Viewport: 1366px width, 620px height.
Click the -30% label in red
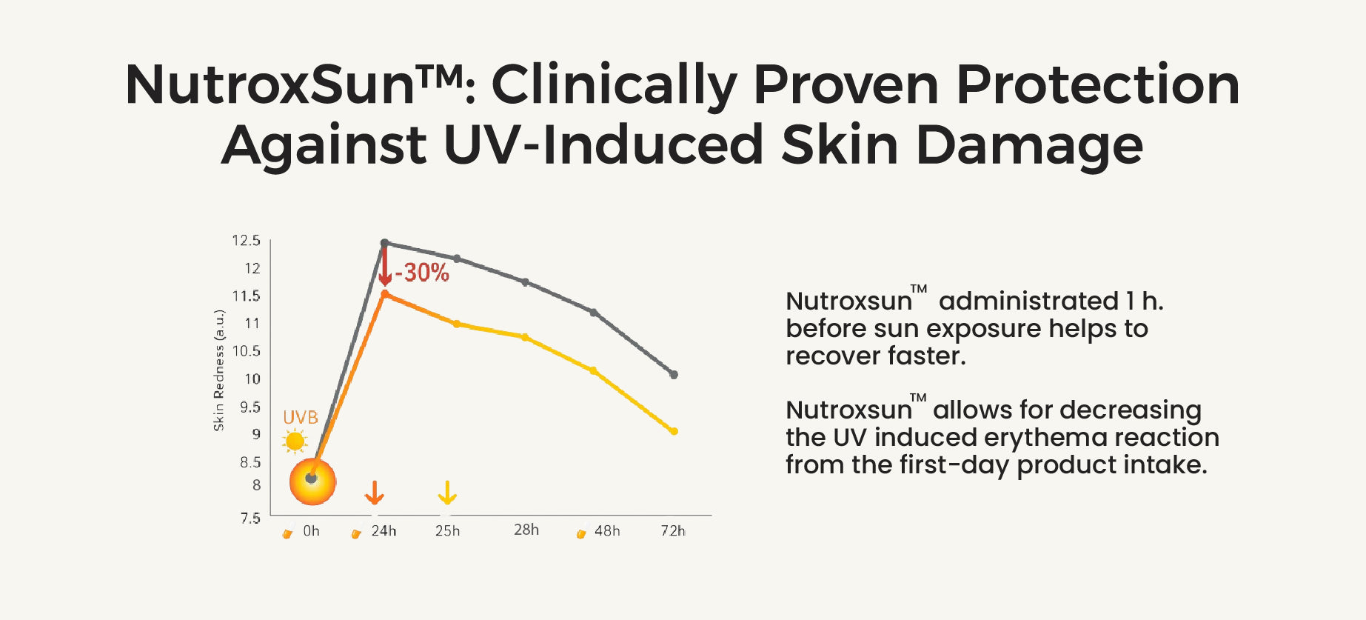coord(422,273)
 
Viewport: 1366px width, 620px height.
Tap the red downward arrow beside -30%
coord(384,267)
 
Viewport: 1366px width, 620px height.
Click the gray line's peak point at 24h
coord(384,243)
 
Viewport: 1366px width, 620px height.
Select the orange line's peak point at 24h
coord(384,294)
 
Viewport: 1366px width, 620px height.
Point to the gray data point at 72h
coord(674,375)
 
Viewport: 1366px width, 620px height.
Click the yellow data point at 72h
coord(674,431)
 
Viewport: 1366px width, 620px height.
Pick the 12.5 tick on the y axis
coord(246,241)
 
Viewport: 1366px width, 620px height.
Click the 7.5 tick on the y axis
coord(250,518)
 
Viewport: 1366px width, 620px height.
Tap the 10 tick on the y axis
coord(252,379)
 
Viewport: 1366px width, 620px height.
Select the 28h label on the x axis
coord(526,530)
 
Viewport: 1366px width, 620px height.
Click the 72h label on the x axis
coord(673,530)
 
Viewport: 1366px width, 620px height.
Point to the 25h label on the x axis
coord(447,530)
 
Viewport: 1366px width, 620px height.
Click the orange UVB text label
coord(301,418)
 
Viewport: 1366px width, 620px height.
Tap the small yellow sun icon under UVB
coord(295,441)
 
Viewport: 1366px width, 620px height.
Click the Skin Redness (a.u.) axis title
coord(218,370)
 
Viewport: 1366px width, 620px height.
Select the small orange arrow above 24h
coord(375,493)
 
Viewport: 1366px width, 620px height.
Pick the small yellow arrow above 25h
coord(447,493)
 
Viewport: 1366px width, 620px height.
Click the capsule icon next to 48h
coord(582,532)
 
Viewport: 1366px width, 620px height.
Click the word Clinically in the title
coord(614,86)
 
